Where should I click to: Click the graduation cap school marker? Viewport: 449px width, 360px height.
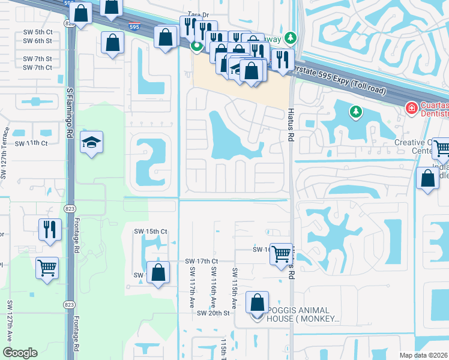coord(91,143)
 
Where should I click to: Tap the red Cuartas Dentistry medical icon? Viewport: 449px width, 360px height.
coord(411,109)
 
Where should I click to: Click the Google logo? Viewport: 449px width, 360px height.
coord(20,353)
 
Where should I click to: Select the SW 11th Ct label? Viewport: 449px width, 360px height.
coord(31,143)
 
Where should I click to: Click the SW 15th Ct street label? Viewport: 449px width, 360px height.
coord(150,232)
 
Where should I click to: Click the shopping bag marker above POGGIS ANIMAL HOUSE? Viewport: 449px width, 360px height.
coord(257,303)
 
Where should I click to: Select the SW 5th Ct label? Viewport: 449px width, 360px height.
coord(38,32)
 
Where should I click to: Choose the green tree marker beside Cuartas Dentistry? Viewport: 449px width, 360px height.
coord(356,112)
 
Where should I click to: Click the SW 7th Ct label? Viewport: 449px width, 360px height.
coord(37,68)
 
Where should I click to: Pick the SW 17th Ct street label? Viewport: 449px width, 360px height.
coord(201,262)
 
